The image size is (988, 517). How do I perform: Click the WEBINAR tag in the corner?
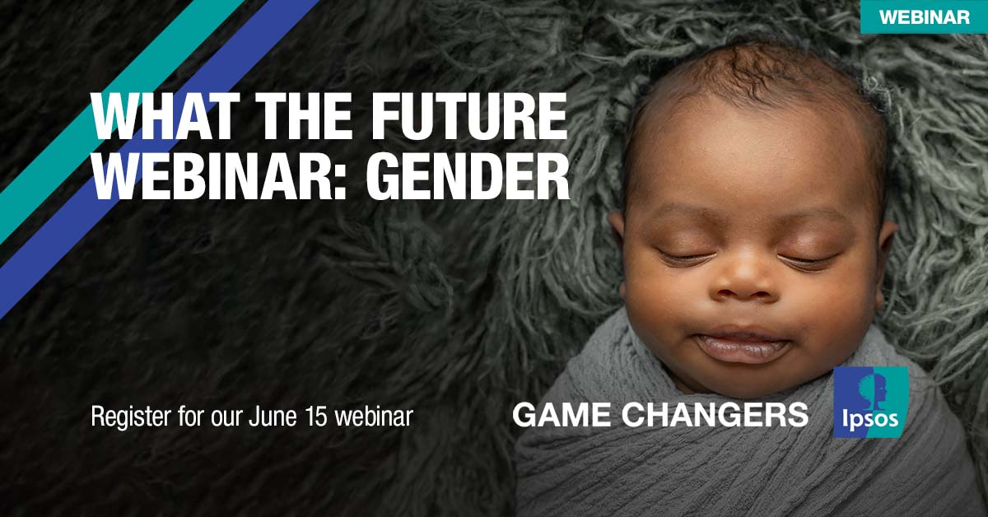pos(924,16)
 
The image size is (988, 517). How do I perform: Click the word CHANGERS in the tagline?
pos(715,415)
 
